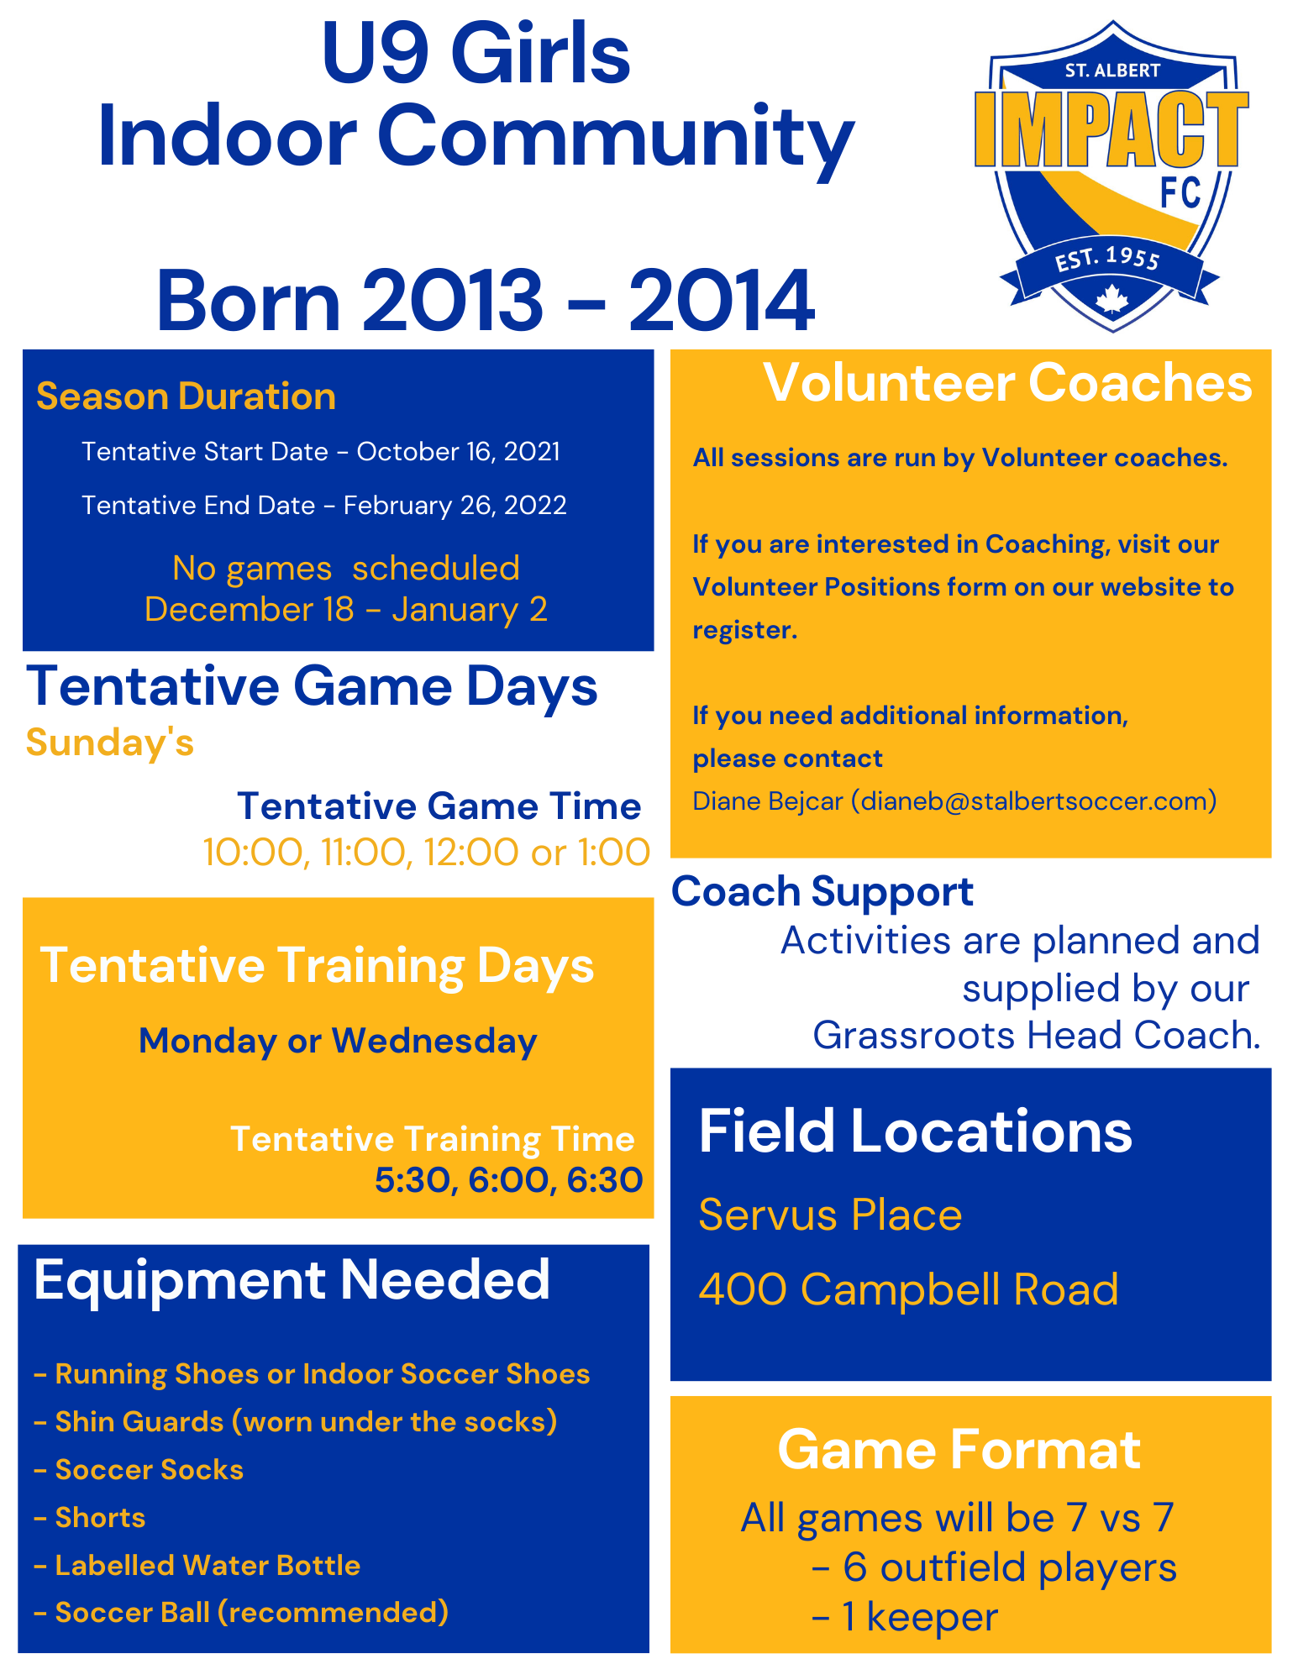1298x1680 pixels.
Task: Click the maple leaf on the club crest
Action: pyautogui.click(x=1111, y=299)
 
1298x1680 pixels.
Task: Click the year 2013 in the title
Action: pyautogui.click(x=453, y=301)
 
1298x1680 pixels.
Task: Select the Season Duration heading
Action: pyautogui.click(x=186, y=396)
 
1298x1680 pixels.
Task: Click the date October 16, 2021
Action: pyautogui.click(x=459, y=452)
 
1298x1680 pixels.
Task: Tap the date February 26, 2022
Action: pyautogui.click(x=455, y=506)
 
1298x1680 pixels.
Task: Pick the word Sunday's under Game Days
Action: pyautogui.click(x=110, y=743)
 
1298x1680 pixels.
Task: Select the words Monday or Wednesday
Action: pyautogui.click(x=338, y=1041)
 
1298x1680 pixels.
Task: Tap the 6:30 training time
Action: pyautogui.click(x=605, y=1180)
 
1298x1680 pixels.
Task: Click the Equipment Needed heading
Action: pyautogui.click(x=292, y=1280)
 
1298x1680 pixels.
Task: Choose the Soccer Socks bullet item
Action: pyautogui.click(x=139, y=1470)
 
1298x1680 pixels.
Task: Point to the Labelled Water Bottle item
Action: pyautogui.click(x=197, y=1566)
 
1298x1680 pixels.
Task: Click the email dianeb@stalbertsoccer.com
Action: pyautogui.click(x=1034, y=801)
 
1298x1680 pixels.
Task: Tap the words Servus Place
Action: pyautogui.click(x=830, y=1215)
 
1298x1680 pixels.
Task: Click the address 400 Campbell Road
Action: pyautogui.click(x=908, y=1289)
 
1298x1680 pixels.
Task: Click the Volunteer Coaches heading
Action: pyautogui.click(x=1007, y=383)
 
